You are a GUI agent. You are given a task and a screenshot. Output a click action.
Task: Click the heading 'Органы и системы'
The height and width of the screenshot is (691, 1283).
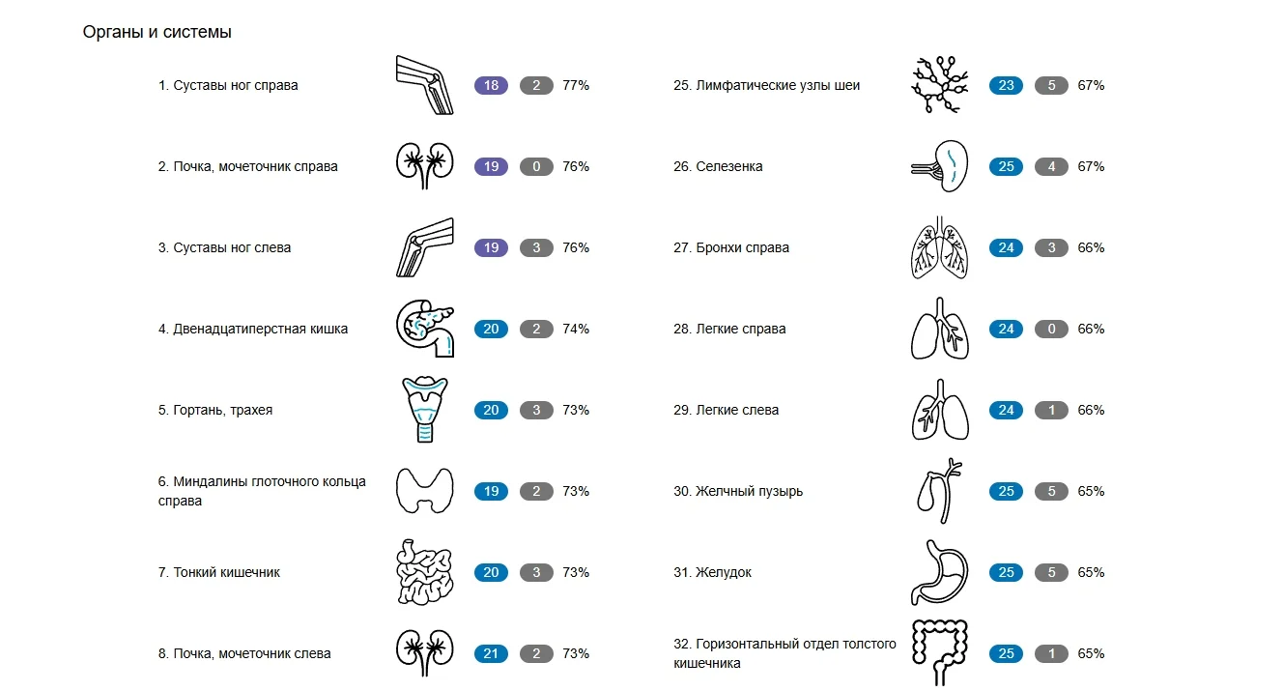(x=157, y=32)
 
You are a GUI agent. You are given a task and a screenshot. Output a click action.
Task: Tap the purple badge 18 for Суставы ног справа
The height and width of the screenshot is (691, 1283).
(x=491, y=85)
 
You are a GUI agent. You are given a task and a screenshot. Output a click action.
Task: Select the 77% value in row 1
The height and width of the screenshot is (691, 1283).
(x=576, y=85)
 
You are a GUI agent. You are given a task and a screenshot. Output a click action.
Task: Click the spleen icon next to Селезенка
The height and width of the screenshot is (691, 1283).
(x=939, y=166)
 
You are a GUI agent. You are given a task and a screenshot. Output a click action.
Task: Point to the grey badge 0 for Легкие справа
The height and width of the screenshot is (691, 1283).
(x=1051, y=329)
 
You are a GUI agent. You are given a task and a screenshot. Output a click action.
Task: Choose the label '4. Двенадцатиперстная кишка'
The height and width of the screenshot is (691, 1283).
(x=252, y=329)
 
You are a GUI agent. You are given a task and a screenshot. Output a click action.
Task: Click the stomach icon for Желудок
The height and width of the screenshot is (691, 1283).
(x=939, y=572)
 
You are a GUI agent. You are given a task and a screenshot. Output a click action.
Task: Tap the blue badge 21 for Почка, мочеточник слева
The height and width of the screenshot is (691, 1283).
(x=491, y=653)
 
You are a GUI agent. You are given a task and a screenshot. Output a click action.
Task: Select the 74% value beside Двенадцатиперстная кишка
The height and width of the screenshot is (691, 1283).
(x=576, y=329)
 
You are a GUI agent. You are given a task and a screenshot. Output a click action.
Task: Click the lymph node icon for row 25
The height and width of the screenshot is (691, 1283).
(x=939, y=85)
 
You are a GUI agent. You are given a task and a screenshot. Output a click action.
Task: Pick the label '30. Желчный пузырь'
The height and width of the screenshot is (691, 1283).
(x=738, y=491)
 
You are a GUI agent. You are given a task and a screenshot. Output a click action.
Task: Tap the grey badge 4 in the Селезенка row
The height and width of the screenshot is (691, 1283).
(x=1051, y=166)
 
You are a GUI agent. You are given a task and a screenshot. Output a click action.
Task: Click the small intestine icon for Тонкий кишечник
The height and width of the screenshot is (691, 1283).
(x=424, y=572)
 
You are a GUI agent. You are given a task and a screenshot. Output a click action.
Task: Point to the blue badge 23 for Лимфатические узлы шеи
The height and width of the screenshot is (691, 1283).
(x=1006, y=85)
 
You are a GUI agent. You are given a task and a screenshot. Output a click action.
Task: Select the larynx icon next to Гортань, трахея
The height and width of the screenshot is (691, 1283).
(x=424, y=409)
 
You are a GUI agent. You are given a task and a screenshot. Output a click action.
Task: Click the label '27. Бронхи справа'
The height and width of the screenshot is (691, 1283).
(x=730, y=247)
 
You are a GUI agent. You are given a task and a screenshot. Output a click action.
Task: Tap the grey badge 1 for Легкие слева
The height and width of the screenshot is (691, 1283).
(x=1051, y=410)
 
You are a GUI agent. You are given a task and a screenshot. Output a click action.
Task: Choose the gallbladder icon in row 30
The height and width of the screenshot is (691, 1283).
(x=939, y=490)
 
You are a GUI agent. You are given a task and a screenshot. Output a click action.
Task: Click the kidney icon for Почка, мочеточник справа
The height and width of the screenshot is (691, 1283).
(x=424, y=165)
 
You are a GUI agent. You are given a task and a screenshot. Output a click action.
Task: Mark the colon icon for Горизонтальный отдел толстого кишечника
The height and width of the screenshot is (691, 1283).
(x=939, y=652)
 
